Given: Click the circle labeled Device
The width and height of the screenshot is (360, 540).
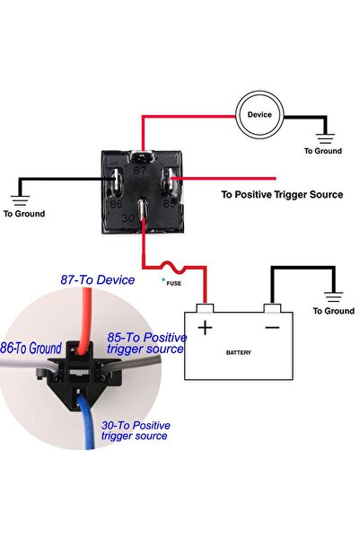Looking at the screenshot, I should coord(259,115).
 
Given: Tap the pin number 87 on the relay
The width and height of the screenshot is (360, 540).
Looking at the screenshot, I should coord(139,167).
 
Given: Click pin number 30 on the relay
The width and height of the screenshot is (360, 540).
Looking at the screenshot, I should coord(128,218).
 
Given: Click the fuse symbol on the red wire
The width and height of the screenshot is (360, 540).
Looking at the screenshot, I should coord(175,267).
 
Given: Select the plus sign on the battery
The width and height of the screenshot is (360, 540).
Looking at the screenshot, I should coord(206,328).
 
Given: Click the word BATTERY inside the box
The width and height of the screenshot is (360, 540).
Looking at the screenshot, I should coord(238,352).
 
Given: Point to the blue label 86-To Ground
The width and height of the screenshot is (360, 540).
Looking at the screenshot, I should coord(31,348).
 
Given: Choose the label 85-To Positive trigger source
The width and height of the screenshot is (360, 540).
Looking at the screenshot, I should coord(147,342).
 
